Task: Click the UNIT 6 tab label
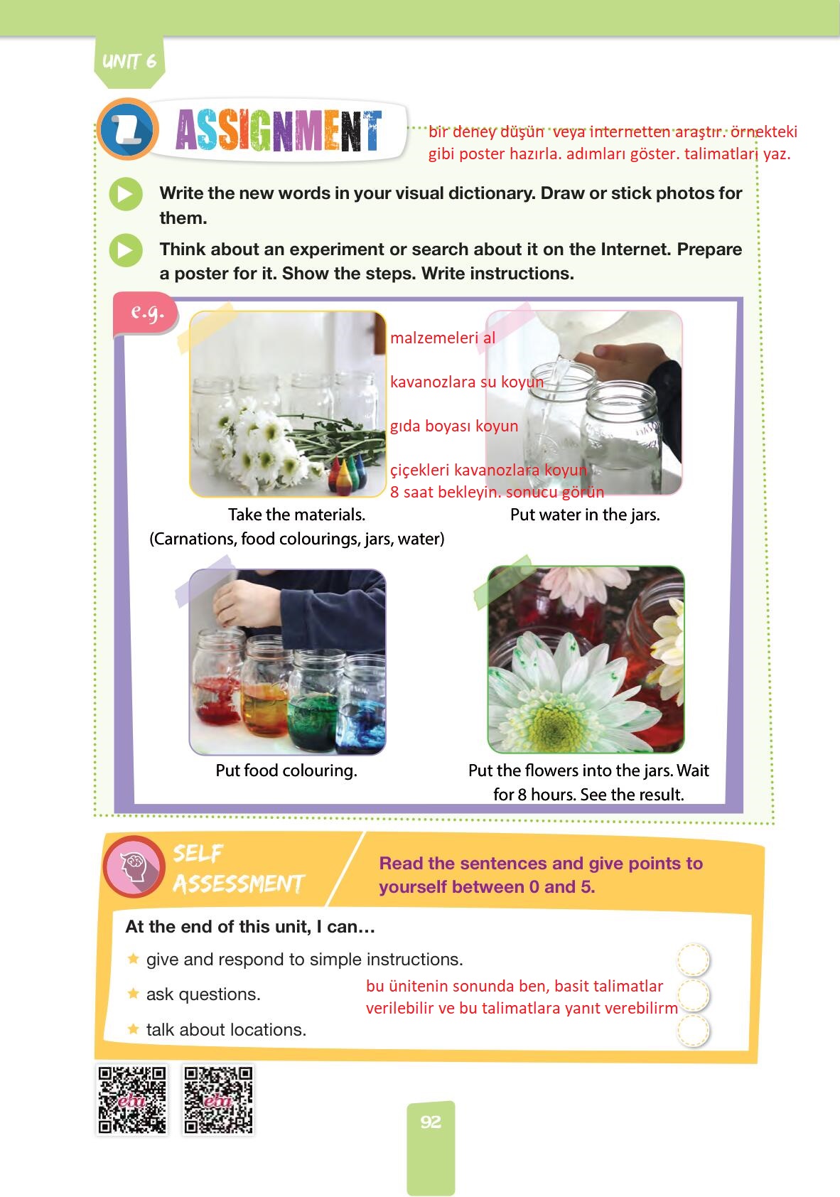coord(129,61)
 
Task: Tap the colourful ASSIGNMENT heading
coord(279,130)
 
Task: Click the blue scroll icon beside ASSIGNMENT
coord(128,129)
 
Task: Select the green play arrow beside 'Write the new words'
coord(126,193)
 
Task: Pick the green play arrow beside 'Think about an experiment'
coord(126,249)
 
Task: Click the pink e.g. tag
coord(146,313)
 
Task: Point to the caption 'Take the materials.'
coord(296,515)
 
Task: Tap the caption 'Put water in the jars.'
coord(585,515)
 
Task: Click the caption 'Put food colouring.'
coord(286,771)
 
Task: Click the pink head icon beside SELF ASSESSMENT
coord(134,866)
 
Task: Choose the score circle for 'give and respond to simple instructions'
coord(693,959)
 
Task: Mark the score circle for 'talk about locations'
coord(693,1030)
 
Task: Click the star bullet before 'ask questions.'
coord(133,994)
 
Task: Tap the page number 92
coord(431,1122)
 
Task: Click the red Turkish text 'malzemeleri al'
coord(443,338)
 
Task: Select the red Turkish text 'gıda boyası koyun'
coord(454,426)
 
